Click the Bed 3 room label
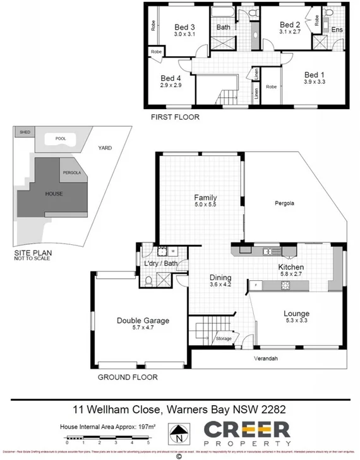[x=184, y=27]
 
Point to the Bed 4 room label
[x=171, y=78]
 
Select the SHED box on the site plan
[x=25, y=132]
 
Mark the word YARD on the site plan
[x=104, y=148]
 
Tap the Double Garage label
[x=143, y=321]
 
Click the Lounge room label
[x=296, y=313]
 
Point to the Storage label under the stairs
[x=224, y=339]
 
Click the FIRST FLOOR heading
[x=175, y=117]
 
